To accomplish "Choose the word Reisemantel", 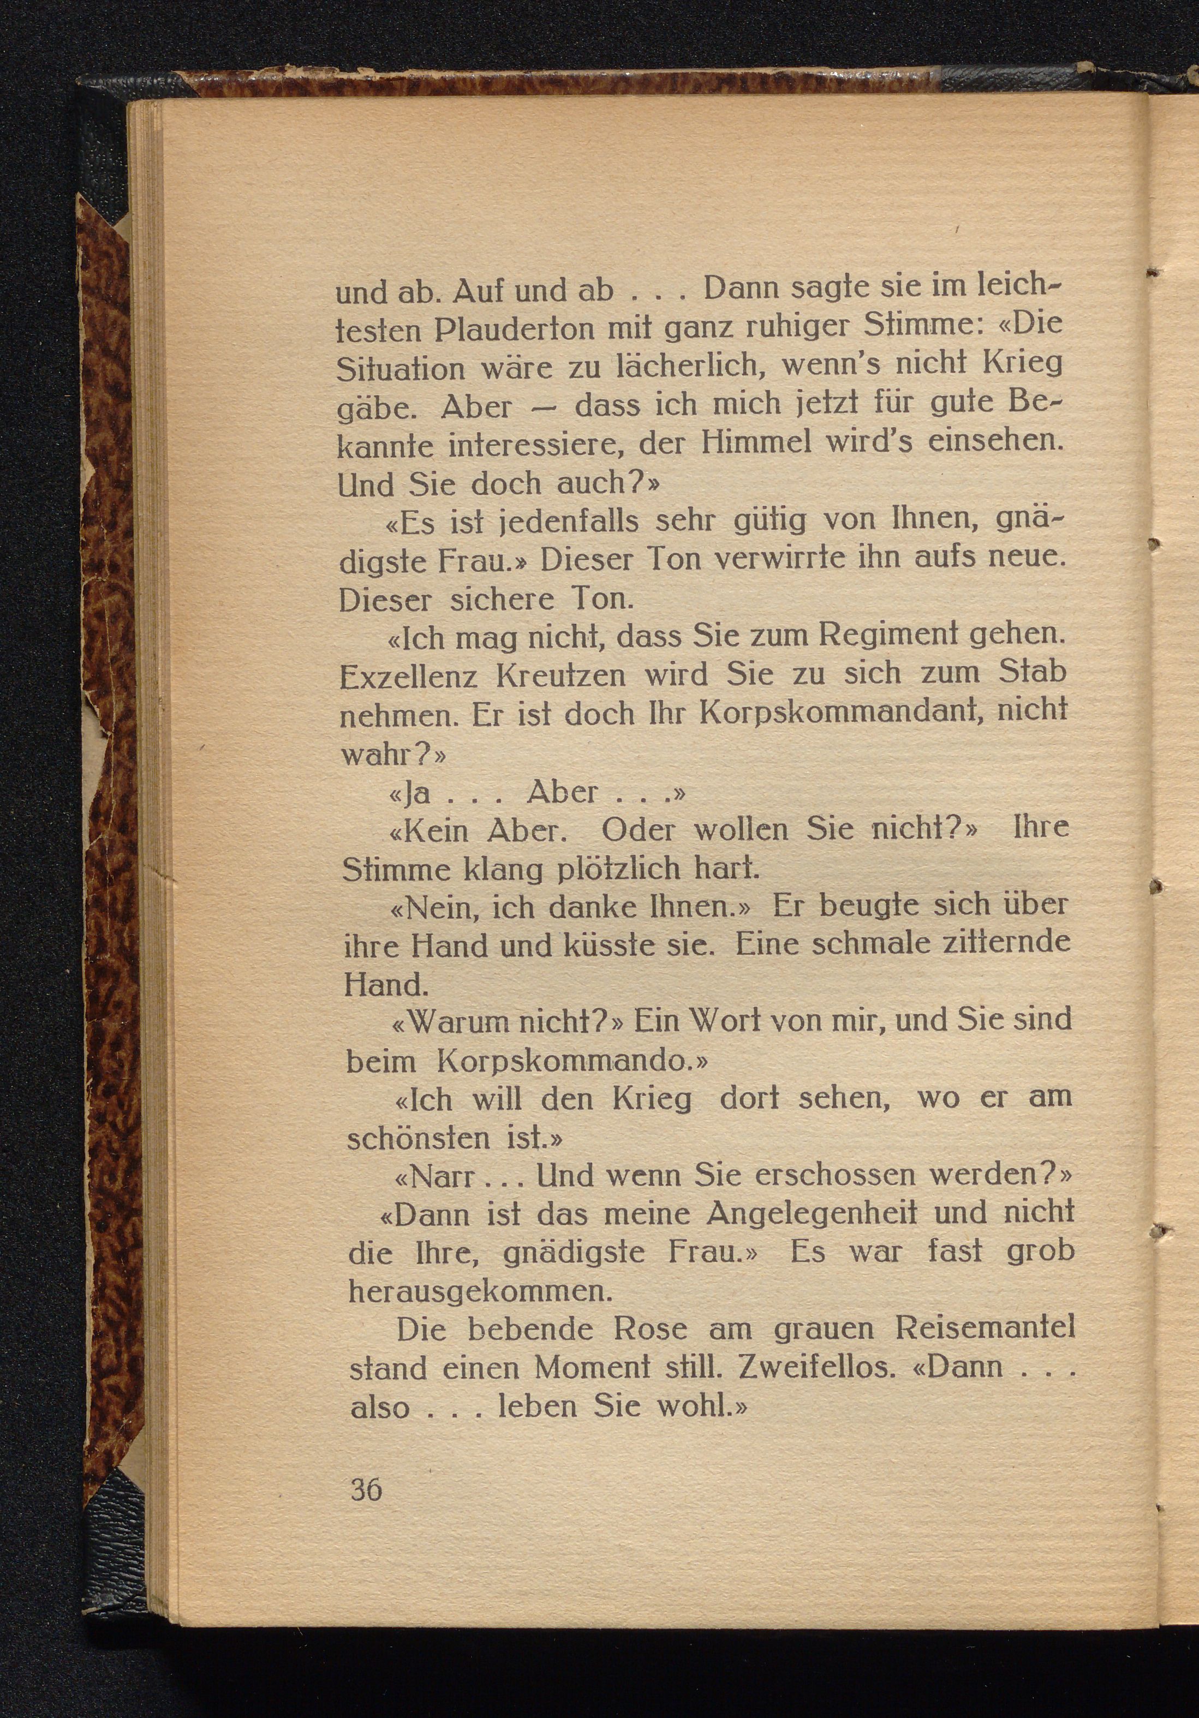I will pos(983,1329).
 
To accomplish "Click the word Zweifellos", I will pos(816,1367).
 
